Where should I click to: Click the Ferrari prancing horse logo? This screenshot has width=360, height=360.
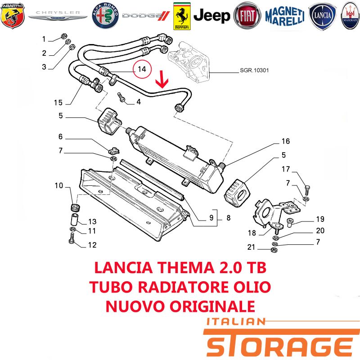[182, 16]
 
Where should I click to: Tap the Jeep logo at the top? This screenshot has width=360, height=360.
[211, 16]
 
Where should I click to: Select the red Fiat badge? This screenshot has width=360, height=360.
[247, 16]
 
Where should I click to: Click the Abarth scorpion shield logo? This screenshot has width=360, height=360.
[13, 16]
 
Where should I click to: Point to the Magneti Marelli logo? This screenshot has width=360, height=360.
[285, 16]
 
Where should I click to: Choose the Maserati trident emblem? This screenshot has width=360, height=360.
[351, 16]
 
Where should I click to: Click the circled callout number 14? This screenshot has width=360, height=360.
[142, 69]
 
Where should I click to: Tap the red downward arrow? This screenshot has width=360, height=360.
[162, 80]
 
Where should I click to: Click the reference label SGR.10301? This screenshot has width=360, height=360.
[254, 70]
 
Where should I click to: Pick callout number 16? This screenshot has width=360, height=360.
[286, 141]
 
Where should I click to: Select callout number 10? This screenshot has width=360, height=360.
[59, 185]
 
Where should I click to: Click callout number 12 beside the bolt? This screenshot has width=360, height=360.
[92, 245]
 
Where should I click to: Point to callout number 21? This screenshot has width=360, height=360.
[251, 247]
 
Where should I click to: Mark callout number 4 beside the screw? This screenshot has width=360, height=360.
[139, 102]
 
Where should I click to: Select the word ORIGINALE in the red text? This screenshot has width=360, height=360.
[212, 306]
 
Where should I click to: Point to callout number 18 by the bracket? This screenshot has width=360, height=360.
[252, 233]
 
